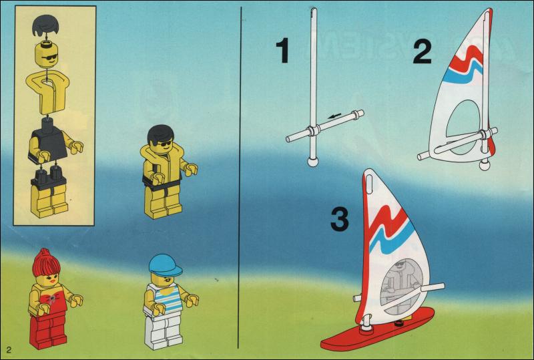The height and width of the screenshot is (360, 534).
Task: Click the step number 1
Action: click(x=282, y=51)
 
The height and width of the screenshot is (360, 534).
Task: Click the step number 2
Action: click(x=423, y=52)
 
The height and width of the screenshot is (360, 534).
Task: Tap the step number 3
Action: click(x=340, y=220)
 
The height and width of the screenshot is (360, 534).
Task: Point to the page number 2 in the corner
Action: click(x=8, y=350)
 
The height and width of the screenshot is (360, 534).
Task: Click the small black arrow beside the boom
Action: click(x=334, y=117)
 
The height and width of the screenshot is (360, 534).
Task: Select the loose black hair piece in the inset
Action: click(x=46, y=26)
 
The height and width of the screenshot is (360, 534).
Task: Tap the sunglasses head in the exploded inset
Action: click(x=46, y=55)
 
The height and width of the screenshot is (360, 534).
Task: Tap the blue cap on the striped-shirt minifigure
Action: click(x=165, y=265)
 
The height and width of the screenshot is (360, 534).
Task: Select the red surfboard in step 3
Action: click(x=377, y=330)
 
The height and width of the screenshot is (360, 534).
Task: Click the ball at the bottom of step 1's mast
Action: click(x=312, y=162)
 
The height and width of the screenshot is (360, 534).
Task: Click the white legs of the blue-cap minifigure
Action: click(x=163, y=330)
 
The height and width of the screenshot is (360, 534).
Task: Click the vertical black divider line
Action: click(x=240, y=178)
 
